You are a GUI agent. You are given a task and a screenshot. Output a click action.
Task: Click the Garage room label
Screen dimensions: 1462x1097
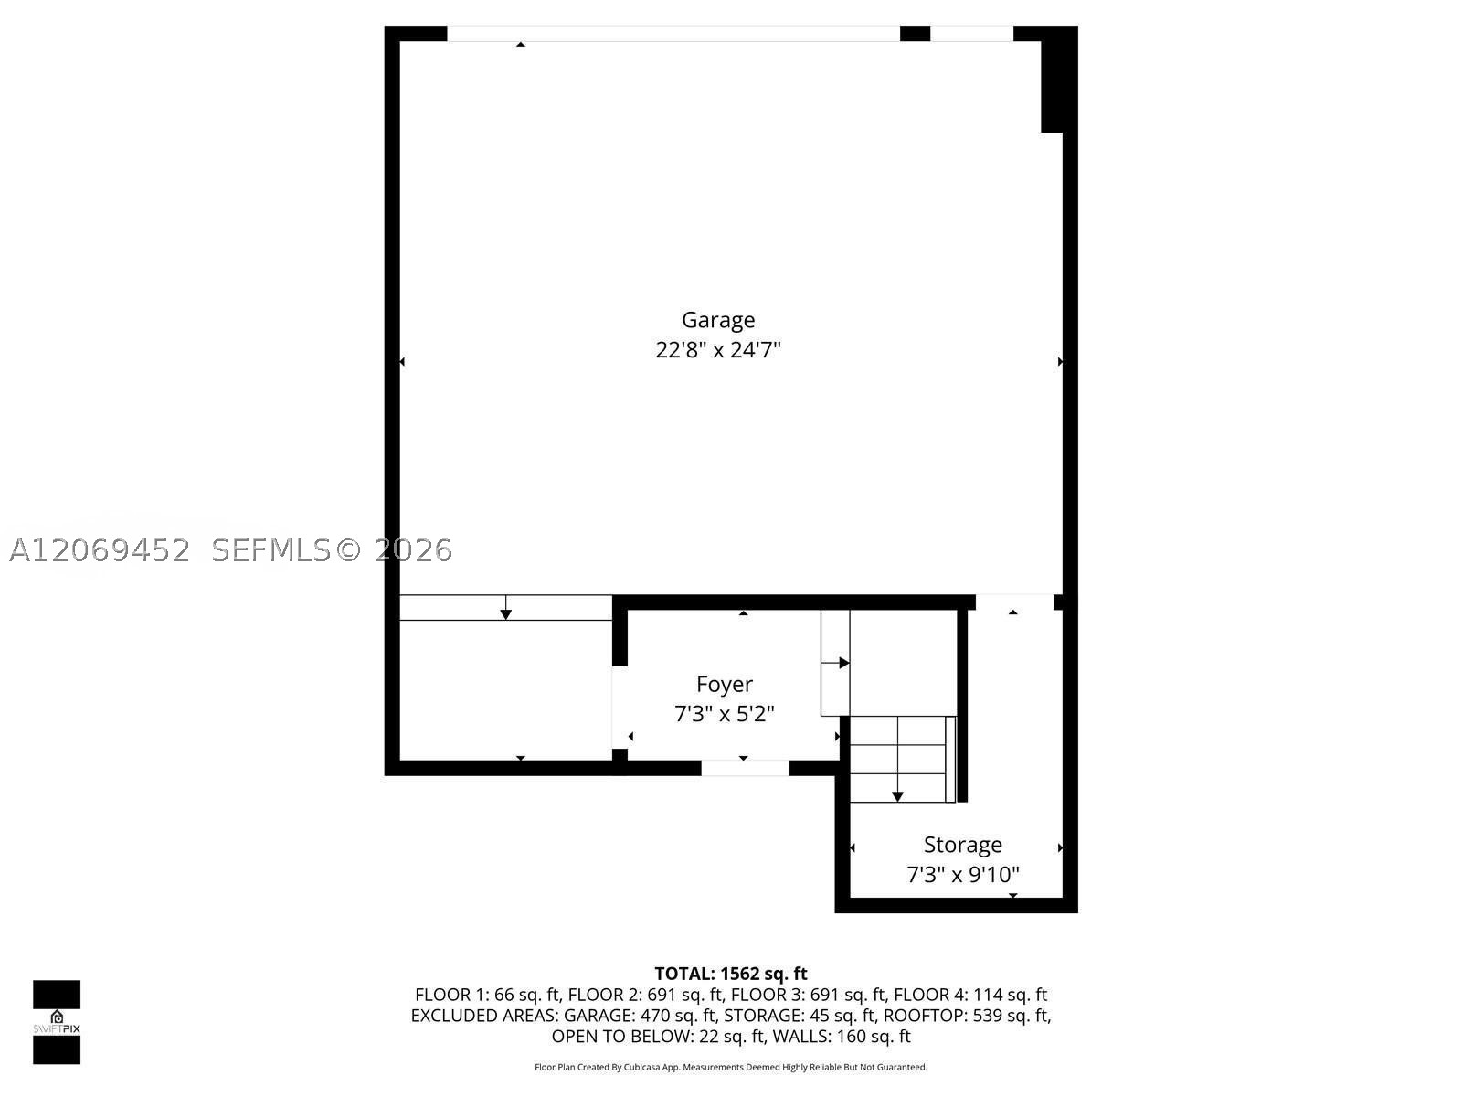717,320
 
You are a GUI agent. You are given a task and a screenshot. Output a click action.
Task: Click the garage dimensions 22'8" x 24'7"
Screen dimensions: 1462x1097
717,350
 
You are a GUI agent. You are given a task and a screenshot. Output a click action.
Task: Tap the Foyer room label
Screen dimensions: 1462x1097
724,684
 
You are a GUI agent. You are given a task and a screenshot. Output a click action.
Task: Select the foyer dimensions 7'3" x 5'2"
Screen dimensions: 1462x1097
724,714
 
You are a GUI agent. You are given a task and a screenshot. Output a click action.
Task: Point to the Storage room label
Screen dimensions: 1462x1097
962,845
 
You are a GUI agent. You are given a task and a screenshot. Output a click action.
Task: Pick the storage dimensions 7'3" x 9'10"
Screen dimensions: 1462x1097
962,874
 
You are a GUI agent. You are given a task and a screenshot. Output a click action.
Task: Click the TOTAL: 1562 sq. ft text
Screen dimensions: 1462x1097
731,974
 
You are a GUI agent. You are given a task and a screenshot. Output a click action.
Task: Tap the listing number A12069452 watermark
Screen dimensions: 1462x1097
100,550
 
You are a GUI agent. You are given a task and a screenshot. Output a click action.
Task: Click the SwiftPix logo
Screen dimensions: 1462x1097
57,1022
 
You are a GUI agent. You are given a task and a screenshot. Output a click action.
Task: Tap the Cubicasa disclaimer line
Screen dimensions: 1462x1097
731,1067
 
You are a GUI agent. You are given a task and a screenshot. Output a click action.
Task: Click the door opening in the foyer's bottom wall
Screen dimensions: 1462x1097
745,768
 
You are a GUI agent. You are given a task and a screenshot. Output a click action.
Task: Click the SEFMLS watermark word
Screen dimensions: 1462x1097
270,550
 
